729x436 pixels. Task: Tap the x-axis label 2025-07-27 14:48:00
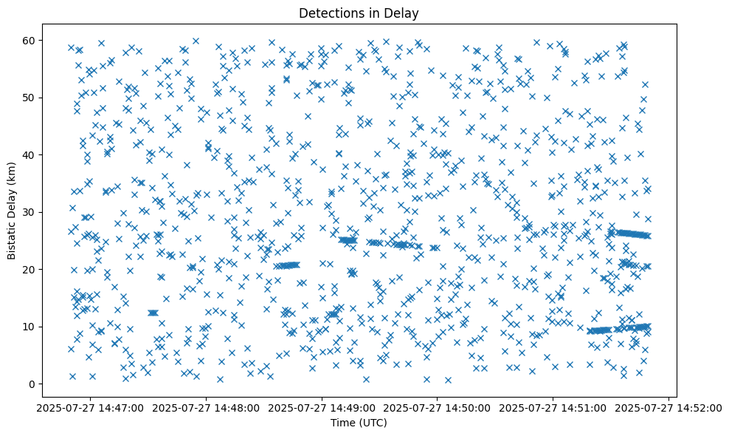(x=207, y=407)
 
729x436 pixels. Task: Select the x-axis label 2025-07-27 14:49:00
(x=322, y=407)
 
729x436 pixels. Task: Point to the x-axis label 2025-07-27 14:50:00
(x=438, y=407)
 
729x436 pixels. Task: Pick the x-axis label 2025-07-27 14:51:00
(x=553, y=407)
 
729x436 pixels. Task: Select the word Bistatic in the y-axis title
(x=13, y=239)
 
